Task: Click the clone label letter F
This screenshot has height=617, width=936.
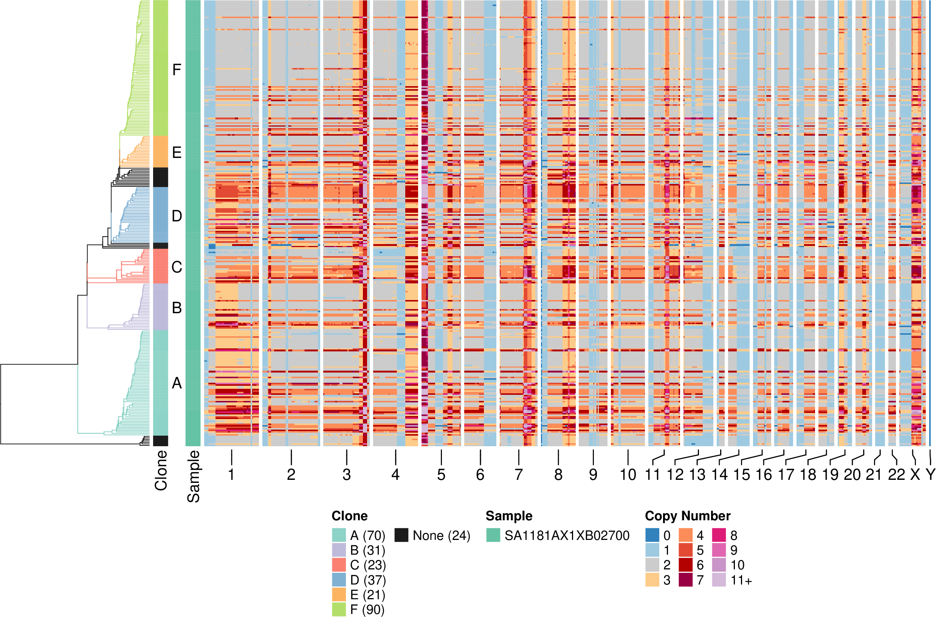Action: click(x=177, y=70)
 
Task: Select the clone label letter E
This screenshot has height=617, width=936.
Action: click(x=177, y=153)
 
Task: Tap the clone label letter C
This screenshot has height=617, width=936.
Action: click(x=177, y=267)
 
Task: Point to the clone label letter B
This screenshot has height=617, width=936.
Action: click(x=177, y=308)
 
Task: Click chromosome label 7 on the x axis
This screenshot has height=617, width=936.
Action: click(x=519, y=475)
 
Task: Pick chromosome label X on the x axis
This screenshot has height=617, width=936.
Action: click(x=915, y=475)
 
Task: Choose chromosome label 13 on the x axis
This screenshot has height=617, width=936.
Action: click(x=697, y=475)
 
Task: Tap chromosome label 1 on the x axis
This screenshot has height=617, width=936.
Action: click(x=231, y=475)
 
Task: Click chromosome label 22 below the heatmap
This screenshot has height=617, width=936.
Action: click(x=896, y=475)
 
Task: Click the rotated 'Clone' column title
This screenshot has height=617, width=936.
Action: click(x=161, y=471)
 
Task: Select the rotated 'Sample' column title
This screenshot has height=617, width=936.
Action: click(x=193, y=476)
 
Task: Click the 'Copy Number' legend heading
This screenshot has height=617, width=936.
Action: click(x=688, y=516)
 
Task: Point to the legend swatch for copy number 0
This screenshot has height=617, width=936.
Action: click(x=652, y=535)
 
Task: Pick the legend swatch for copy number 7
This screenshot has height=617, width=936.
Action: click(x=685, y=580)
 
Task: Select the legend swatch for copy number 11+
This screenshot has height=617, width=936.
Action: click(x=719, y=580)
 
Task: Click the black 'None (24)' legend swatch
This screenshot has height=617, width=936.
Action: click(x=401, y=535)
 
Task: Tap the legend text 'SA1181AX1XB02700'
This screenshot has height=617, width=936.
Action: click(x=567, y=535)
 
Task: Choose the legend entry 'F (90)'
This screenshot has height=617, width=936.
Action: click(x=367, y=609)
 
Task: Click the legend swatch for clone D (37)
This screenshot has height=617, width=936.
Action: click(x=339, y=580)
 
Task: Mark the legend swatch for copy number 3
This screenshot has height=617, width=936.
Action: click(x=652, y=580)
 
